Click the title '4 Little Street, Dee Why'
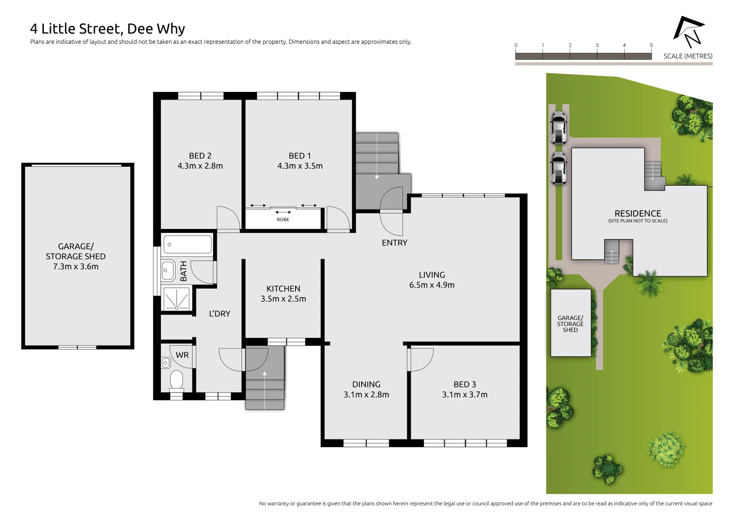click(x=107, y=29)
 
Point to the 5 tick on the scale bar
click(x=651, y=46)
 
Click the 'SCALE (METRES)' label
click(x=688, y=56)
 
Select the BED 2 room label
click(x=200, y=156)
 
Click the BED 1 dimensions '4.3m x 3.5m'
click(x=300, y=166)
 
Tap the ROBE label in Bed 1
click(x=283, y=220)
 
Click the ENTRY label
click(x=394, y=243)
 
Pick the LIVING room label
click(x=432, y=275)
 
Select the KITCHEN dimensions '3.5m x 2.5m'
click(x=283, y=299)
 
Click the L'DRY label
click(x=220, y=314)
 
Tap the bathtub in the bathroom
click(x=188, y=244)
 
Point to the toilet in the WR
click(x=176, y=380)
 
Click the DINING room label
click(x=367, y=385)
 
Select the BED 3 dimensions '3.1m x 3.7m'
click(x=465, y=395)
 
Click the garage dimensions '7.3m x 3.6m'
click(x=76, y=267)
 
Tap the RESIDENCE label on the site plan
click(x=638, y=213)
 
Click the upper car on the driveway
click(x=559, y=128)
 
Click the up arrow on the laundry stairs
click(x=264, y=374)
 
